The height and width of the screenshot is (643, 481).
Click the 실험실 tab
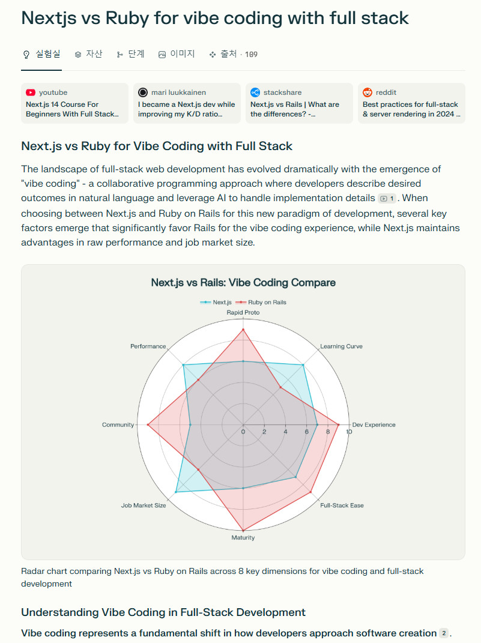[41, 54]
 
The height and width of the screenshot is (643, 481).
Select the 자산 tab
[88, 54]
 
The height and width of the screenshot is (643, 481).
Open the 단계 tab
[130, 54]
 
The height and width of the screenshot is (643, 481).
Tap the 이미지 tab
[177, 54]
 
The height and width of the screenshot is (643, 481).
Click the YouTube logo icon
[31, 92]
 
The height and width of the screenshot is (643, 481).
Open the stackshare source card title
[294, 109]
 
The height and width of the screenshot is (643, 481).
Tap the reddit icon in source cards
[368, 92]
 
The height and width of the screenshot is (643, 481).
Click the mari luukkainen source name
[178, 92]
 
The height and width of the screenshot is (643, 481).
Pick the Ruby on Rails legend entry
[261, 302]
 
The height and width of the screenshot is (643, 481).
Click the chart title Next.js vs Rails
[243, 282]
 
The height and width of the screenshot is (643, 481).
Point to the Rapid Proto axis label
[243, 313]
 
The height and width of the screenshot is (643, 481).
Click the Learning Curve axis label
[341, 346]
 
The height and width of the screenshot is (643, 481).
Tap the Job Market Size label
[144, 506]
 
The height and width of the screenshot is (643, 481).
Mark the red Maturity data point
[243, 531]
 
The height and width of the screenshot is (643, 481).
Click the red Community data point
[148, 424]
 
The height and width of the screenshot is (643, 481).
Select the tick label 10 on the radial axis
[349, 432]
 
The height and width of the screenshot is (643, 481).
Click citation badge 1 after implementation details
[387, 199]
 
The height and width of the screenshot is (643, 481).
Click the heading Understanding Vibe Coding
[163, 612]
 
